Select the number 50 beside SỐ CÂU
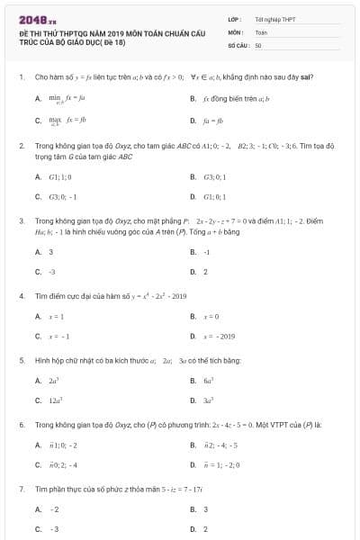(x=258, y=44)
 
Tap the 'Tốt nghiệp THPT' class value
(x=274, y=19)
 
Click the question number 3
(x=20, y=220)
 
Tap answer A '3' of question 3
(x=50, y=252)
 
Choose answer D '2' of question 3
(x=205, y=271)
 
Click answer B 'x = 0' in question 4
(x=211, y=317)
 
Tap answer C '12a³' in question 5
(x=54, y=400)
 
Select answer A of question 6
(x=62, y=445)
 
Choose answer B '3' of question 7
(x=205, y=510)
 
